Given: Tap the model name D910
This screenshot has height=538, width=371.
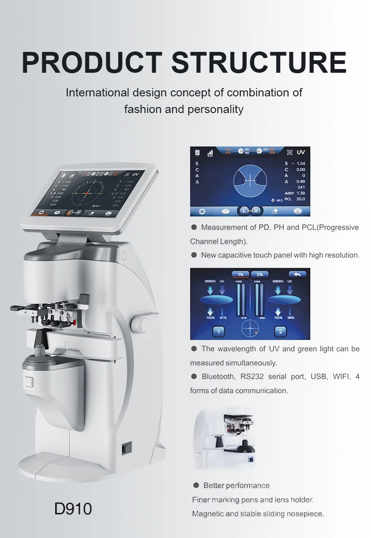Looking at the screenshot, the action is [73, 508].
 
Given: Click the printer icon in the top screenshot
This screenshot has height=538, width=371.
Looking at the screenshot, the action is [298, 211].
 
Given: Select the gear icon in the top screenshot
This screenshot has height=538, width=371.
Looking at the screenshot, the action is [202, 211].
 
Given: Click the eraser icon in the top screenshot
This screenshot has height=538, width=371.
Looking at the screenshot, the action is [274, 211].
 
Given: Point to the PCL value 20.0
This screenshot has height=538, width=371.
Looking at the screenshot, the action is [301, 199].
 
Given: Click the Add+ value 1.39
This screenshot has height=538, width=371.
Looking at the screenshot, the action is [301, 193].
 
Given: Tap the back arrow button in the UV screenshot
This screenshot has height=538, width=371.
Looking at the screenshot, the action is [297, 274].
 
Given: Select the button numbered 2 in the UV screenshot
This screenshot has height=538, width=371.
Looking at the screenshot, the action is [280, 331].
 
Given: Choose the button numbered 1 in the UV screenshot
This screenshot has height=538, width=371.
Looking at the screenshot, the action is [219, 331].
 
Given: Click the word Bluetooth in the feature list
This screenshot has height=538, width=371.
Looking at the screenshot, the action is [218, 376].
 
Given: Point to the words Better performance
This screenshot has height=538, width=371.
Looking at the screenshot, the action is [237, 485].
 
